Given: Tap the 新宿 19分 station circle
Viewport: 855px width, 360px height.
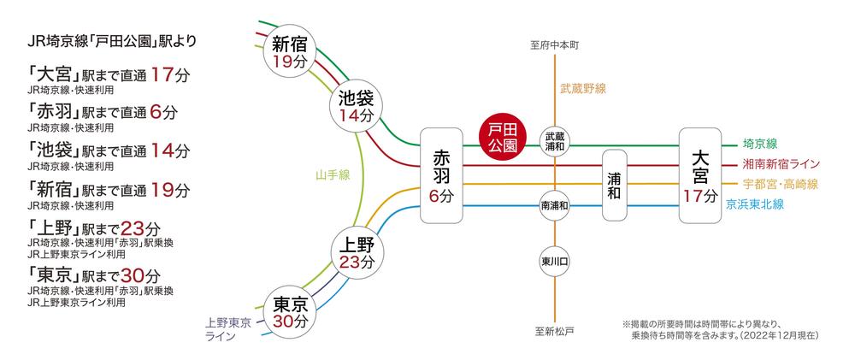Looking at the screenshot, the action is [x=290, y=52].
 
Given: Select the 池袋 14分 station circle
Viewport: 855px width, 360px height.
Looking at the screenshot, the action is [x=356, y=106].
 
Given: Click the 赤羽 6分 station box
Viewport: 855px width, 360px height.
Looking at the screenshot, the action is [x=441, y=175].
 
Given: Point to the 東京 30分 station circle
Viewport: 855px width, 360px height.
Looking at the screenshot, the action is [x=291, y=312].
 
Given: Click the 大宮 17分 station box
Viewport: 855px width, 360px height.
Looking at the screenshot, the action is [x=700, y=175].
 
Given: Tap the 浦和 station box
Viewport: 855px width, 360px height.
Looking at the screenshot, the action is [x=614, y=186].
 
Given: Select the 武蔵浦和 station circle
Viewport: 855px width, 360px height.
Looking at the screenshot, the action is [x=555, y=140].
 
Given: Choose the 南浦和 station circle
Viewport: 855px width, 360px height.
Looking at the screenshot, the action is [x=555, y=205].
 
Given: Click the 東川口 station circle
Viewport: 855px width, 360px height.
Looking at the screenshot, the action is [x=555, y=262].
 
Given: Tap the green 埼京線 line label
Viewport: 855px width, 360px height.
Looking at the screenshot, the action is [x=759, y=144].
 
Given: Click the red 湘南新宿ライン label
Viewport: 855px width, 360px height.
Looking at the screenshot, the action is [x=781, y=163].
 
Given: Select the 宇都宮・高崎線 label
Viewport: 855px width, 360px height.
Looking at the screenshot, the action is [x=781, y=185].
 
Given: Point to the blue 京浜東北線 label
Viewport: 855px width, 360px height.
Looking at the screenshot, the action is [x=755, y=204].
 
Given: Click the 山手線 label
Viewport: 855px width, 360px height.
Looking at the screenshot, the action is [x=333, y=175].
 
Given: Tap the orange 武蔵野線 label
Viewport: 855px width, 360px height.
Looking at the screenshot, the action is [x=583, y=88].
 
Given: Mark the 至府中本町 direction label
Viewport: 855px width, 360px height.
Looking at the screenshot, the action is [x=554, y=45].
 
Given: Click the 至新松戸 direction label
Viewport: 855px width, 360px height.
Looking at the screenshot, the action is [x=554, y=331].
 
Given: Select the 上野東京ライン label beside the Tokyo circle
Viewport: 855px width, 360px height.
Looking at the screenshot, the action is [x=228, y=329].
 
